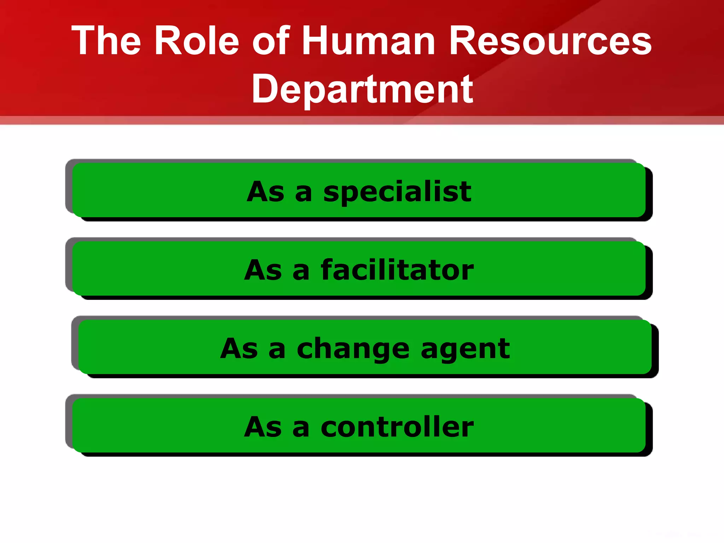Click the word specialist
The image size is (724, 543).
click(x=397, y=192)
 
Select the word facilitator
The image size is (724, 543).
click(x=397, y=270)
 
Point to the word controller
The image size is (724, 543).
click(x=397, y=427)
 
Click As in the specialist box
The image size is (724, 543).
click(x=265, y=192)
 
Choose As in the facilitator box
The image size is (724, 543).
click(x=263, y=270)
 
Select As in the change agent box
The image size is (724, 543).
click(x=239, y=349)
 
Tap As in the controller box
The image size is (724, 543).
click(x=263, y=427)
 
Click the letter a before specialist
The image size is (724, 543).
click(x=303, y=194)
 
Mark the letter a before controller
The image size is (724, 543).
click(x=301, y=429)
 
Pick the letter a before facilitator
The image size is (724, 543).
click(x=301, y=272)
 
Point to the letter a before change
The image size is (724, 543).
click(x=277, y=350)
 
